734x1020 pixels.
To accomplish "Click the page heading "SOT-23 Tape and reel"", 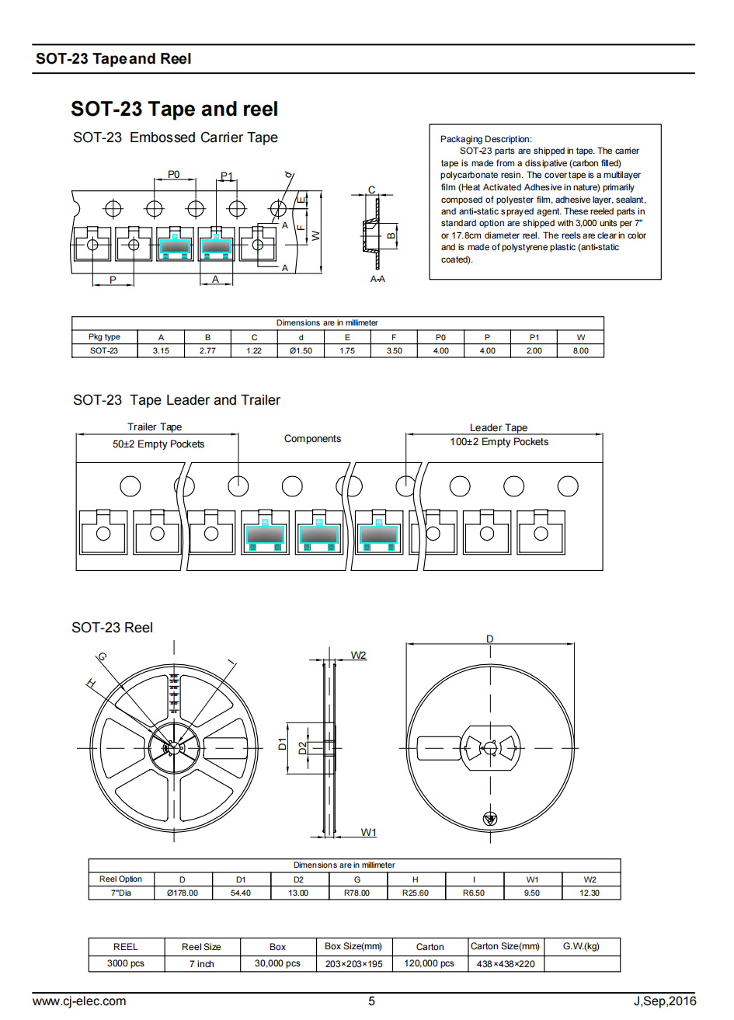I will tap(174, 110).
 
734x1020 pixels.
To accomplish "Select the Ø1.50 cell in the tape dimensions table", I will tap(301, 351).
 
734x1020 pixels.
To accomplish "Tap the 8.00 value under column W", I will tap(580, 351).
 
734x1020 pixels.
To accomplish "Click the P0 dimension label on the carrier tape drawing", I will tap(174, 175).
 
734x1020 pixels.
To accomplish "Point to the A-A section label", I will tap(377, 279).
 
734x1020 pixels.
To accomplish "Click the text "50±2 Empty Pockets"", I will tap(158, 444).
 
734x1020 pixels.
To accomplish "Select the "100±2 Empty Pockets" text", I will tap(499, 442).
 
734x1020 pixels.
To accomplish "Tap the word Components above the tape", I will tap(312, 439).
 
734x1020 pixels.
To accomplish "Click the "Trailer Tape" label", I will tap(155, 427).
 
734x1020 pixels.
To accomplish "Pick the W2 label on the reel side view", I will tap(358, 656).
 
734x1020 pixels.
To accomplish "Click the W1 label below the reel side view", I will tap(368, 833).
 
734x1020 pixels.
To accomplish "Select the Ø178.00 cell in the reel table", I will tap(183, 893).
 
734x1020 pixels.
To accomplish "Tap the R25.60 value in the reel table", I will tap(415, 893).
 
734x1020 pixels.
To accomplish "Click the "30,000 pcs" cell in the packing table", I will tap(277, 964).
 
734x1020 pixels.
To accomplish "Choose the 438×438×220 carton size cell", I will tap(506, 964).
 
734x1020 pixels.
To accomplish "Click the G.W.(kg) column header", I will tap(581, 946).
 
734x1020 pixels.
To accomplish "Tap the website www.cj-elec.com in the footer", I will tap(79, 1001).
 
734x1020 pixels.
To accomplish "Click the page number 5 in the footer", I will tap(371, 1001).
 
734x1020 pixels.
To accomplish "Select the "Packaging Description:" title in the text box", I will tap(486, 139).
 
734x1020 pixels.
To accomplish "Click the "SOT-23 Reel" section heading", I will tap(112, 628).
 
